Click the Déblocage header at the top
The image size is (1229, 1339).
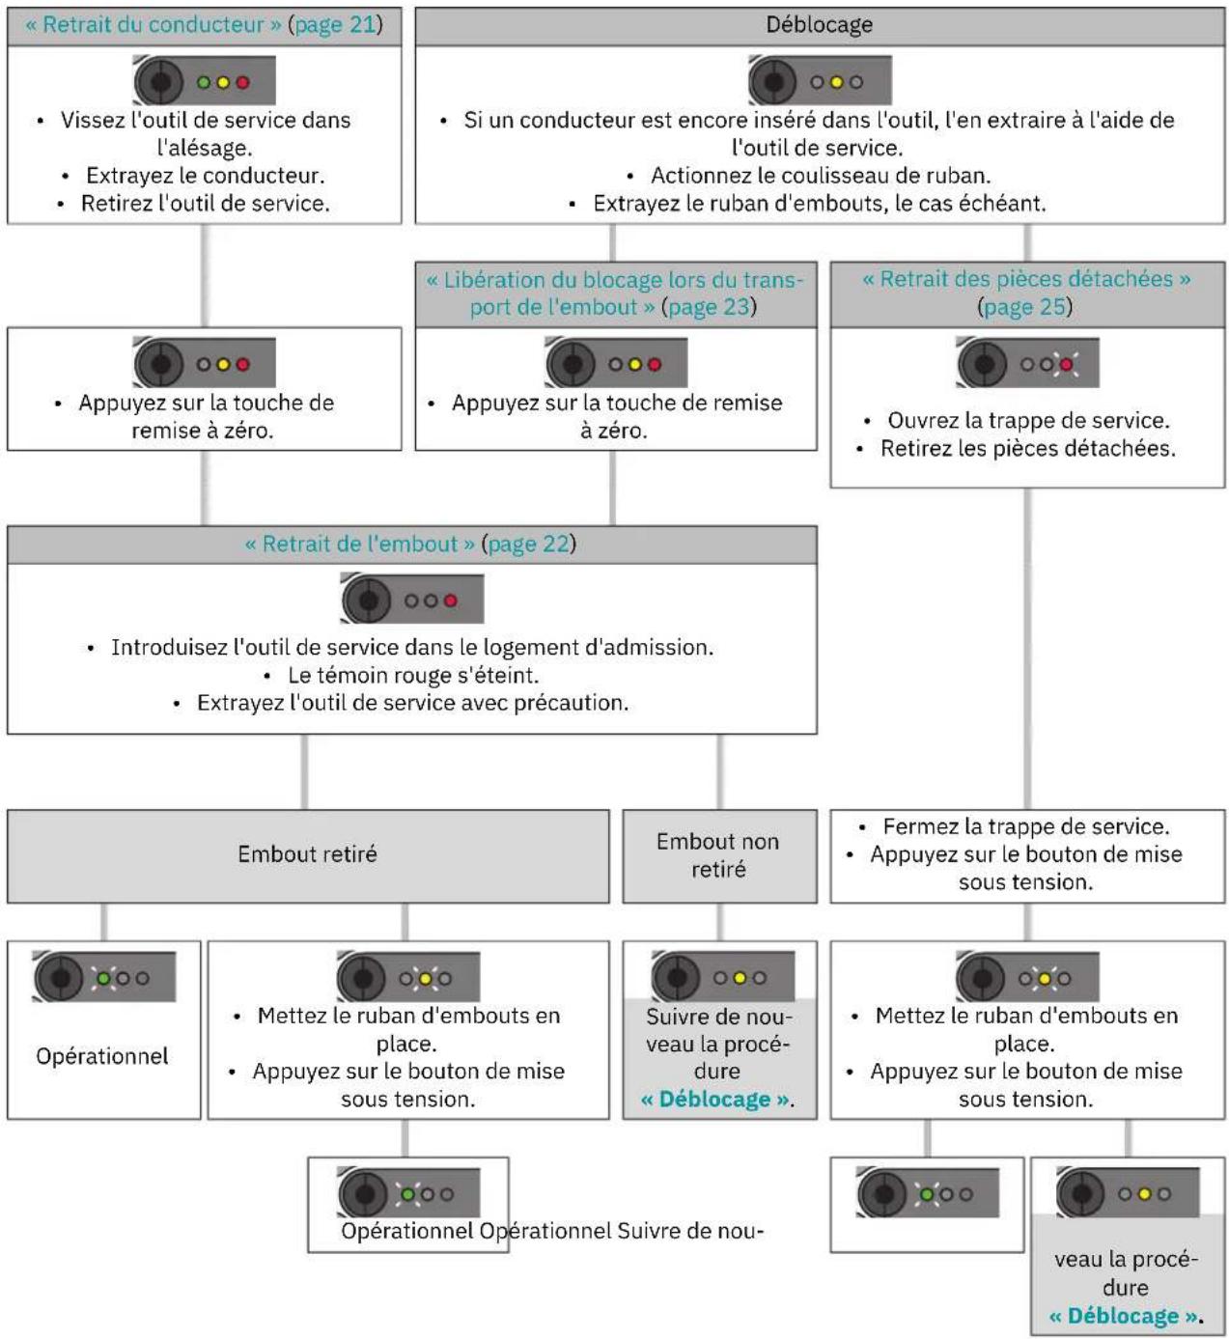pos(819,25)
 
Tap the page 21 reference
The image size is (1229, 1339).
pos(335,25)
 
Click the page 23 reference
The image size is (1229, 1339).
pos(709,307)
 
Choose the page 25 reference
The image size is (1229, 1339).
pos(1024,307)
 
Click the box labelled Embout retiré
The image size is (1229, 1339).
pos(308,855)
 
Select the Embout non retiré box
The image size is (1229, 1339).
pos(719,855)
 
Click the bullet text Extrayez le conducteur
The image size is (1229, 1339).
pos(205,176)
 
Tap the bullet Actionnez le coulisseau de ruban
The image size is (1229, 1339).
pos(821,176)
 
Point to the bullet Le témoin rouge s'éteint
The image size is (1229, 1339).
pos(413,675)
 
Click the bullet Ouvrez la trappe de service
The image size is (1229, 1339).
pos(1028,421)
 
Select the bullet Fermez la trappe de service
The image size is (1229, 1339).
pos(1026,826)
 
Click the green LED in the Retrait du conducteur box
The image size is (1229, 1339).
pos(204,83)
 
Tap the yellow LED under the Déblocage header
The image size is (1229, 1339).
pos(836,83)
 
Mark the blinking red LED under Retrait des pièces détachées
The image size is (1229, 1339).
pos(1066,365)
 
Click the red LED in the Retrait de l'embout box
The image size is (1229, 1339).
pos(451,600)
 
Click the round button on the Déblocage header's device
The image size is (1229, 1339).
pos(773,82)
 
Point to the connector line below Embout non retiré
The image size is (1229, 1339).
pos(719,922)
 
